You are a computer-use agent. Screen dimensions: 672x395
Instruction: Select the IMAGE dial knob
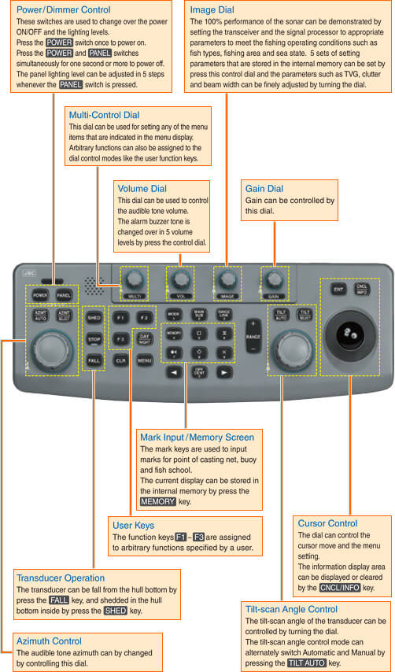click(228, 278)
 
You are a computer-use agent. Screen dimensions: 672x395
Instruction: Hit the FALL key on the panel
click(94, 360)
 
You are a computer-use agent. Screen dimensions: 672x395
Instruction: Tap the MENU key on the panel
click(145, 360)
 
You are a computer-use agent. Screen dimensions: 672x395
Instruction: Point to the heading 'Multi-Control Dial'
click(104, 115)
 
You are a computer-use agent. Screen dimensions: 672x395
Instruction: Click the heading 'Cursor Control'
click(327, 523)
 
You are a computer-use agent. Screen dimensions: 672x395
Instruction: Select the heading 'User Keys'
click(135, 525)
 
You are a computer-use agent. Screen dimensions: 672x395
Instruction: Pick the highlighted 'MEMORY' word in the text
click(159, 500)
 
